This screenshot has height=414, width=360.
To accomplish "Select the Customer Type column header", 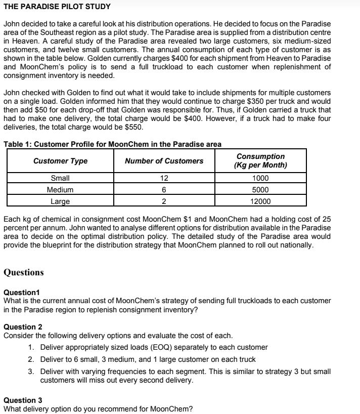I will coord(60,161).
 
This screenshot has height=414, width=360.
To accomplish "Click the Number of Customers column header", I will coord(164,161).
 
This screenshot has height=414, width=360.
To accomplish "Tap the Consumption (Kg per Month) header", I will coord(260,161).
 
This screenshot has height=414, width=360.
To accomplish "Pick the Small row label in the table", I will coord(60,179).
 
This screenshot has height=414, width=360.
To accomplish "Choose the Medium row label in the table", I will coord(60,190).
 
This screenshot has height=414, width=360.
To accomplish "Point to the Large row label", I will coord(60,201).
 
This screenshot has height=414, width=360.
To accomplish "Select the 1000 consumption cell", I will coord(260,179).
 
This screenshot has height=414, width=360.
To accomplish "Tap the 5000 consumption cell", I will coord(260,190).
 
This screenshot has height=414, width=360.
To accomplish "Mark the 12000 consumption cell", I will coord(260,201).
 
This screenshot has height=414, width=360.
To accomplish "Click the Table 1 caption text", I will coord(112,144).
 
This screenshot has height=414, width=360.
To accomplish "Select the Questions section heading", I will coord(24,272).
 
